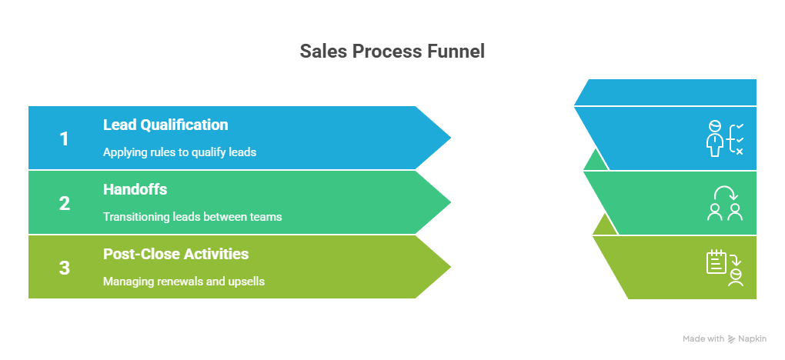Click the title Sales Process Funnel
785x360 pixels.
click(x=392, y=52)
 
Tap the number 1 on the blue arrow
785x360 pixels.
click(x=65, y=139)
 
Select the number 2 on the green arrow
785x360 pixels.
click(x=65, y=204)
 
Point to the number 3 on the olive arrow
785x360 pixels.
click(x=65, y=268)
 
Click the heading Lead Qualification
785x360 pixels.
click(x=165, y=125)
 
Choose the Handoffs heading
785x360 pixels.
click(x=135, y=189)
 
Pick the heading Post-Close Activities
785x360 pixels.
click(x=175, y=254)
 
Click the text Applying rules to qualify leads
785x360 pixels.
click(x=179, y=152)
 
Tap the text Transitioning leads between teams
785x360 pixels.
click(x=192, y=217)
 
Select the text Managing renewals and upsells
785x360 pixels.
click(x=184, y=282)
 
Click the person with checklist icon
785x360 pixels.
click(x=724, y=138)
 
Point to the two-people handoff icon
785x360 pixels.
click(x=725, y=203)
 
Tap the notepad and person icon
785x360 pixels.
click(x=725, y=267)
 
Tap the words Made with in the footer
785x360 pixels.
click(x=703, y=339)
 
